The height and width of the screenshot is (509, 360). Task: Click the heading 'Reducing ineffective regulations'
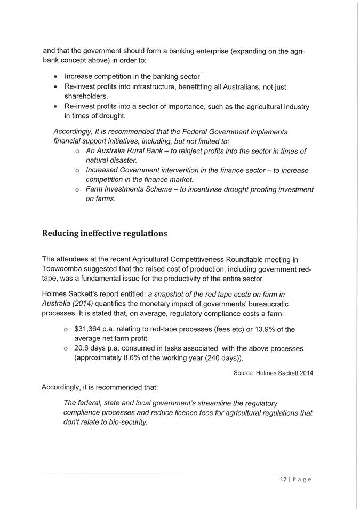pyautogui.click(x=105, y=233)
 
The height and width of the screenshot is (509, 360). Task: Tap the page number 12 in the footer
pyautogui.click(x=283, y=479)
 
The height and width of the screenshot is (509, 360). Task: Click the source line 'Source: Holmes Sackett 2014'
pyautogui.click(x=273, y=373)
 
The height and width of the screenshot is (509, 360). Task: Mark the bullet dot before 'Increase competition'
pyautogui.click(x=55, y=77)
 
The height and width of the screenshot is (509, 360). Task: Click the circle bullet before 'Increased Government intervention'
pyautogui.click(x=77, y=170)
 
